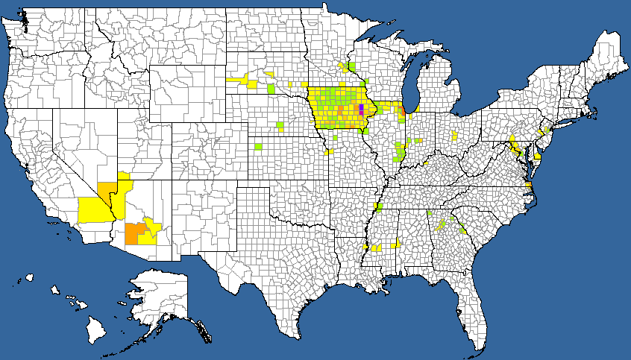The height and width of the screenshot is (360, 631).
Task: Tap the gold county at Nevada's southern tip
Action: (107, 189)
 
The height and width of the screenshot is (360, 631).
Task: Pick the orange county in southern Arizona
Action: (135, 233)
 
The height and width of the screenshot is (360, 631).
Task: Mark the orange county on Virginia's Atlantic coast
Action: (529, 186)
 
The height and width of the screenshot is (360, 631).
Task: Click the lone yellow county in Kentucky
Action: (425, 162)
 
